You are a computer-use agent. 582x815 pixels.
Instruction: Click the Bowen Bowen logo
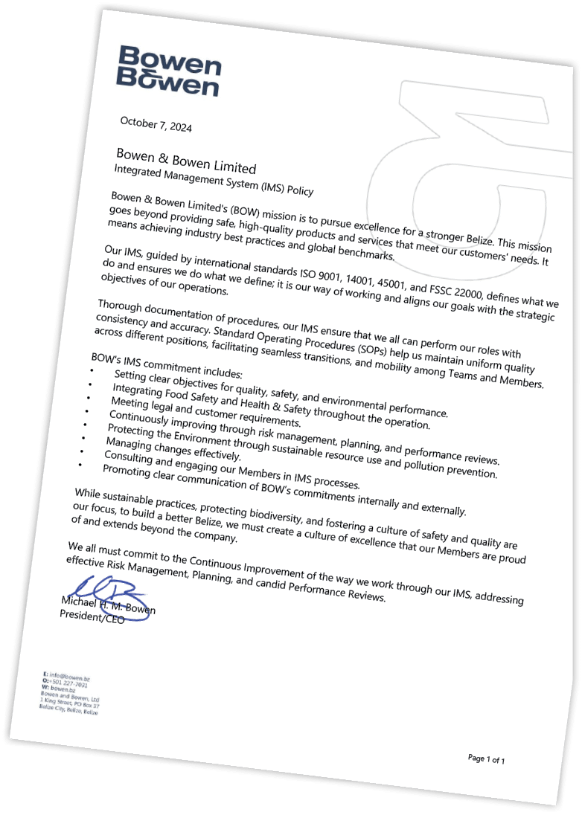(x=170, y=71)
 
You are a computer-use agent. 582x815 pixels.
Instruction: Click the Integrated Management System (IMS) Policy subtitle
(x=214, y=181)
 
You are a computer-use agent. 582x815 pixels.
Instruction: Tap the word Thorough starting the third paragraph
(x=125, y=306)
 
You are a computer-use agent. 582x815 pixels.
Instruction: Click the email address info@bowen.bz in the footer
(x=71, y=678)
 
